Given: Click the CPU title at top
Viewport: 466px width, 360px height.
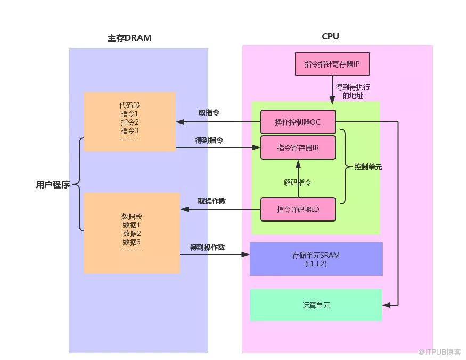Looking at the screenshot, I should pyautogui.click(x=330, y=36).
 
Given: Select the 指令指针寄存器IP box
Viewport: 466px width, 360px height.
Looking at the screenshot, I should pyautogui.click(x=332, y=64).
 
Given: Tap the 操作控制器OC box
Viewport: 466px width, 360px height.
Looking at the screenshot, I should pyautogui.click(x=298, y=122).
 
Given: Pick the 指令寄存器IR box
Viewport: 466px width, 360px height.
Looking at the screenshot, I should pyautogui.click(x=298, y=148).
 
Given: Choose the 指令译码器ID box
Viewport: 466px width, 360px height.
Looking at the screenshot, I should pyautogui.click(x=298, y=209).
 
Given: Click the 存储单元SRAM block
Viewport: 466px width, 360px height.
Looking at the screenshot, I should pyautogui.click(x=316, y=259).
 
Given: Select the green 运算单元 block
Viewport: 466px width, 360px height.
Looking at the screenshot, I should pyautogui.click(x=316, y=305).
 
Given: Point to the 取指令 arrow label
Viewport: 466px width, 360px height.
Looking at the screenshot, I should pyautogui.click(x=209, y=112).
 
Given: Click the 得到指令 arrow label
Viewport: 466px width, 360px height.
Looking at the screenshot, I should pyautogui.click(x=209, y=140).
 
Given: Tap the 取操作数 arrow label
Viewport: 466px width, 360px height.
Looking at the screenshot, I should pyautogui.click(x=211, y=201).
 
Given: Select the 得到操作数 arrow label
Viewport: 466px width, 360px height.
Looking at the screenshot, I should pyautogui.click(x=207, y=248).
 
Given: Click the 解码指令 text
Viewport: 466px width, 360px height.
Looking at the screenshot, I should pyautogui.click(x=297, y=182).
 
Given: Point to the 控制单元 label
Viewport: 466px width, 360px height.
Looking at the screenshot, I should pyautogui.click(x=368, y=167).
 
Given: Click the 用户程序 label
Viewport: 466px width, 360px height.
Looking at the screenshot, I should pyautogui.click(x=53, y=185).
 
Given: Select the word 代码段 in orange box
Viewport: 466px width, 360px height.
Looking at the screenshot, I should pyautogui.click(x=129, y=105).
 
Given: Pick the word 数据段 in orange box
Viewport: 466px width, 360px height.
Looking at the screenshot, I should pyautogui.click(x=132, y=216).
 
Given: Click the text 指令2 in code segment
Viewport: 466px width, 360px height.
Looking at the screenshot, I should pyautogui.click(x=129, y=122).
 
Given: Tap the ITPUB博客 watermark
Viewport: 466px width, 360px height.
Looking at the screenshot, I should pyautogui.click(x=439, y=352).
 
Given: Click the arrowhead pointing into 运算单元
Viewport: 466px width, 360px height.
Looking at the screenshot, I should pyautogui.click(x=387, y=305).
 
